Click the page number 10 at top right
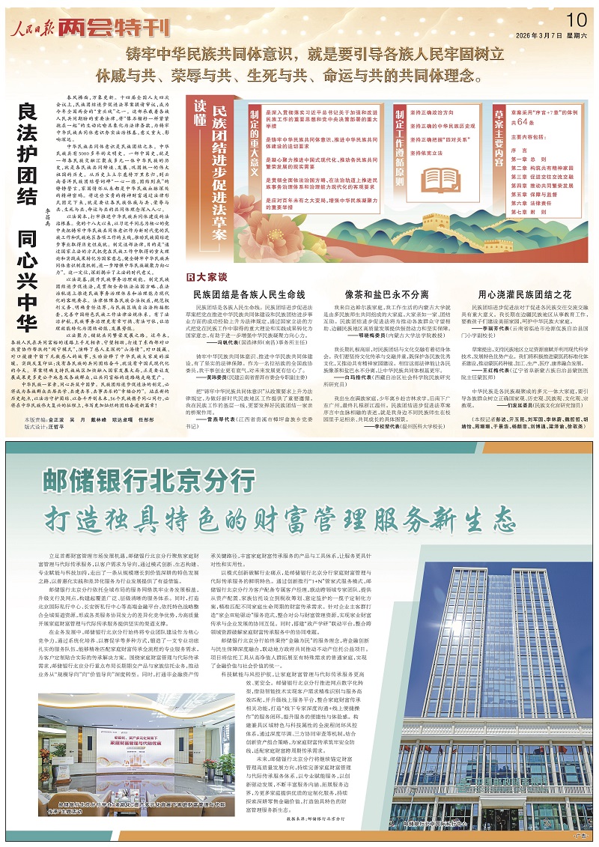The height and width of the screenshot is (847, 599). (575, 18)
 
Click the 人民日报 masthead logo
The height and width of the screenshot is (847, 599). (33, 28)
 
